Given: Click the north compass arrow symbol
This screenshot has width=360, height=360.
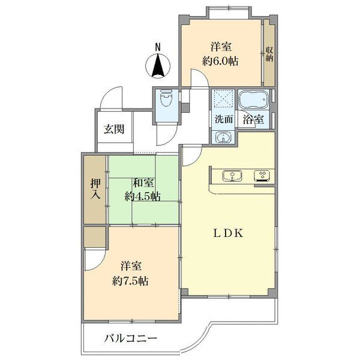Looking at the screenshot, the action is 158,66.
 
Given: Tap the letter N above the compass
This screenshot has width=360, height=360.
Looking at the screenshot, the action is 158,47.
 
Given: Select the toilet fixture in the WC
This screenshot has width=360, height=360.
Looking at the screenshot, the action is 167,99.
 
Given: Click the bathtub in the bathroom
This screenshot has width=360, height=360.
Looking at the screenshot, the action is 254,100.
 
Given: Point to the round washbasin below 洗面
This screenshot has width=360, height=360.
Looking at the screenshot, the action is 223,138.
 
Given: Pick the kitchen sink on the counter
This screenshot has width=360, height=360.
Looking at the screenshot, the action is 232,176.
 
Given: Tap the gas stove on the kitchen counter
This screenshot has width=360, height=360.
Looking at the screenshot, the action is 263,176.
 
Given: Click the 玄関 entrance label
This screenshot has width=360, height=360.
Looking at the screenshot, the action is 114,129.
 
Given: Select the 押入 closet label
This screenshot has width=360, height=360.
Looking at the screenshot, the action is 95,189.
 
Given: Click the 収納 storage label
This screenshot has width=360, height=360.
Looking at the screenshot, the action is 269,54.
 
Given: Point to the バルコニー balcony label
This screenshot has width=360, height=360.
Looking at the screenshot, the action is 131,338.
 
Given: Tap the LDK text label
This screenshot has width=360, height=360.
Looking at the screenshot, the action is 229,233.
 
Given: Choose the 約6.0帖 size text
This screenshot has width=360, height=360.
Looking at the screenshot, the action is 220,61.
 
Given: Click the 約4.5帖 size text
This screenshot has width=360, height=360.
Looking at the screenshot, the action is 143,197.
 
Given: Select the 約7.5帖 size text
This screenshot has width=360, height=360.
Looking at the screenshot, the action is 130,281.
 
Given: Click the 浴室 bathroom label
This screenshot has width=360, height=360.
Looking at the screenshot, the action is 253,119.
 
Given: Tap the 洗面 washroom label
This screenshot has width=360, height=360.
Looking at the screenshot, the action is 224,119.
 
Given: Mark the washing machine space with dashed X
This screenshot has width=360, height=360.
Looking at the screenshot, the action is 223,100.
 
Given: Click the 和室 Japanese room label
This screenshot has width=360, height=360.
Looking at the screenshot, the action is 143,183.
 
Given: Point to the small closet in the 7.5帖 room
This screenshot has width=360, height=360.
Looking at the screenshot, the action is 95,238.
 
